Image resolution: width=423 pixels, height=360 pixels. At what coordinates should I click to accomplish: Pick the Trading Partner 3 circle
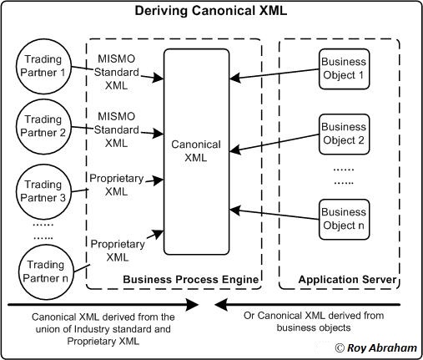[43, 190]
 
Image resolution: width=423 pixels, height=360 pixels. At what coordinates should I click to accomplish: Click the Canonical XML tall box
[197, 150]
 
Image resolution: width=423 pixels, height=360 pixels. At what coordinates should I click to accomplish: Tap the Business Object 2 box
[344, 133]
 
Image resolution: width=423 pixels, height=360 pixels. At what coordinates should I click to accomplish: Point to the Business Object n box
[344, 220]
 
